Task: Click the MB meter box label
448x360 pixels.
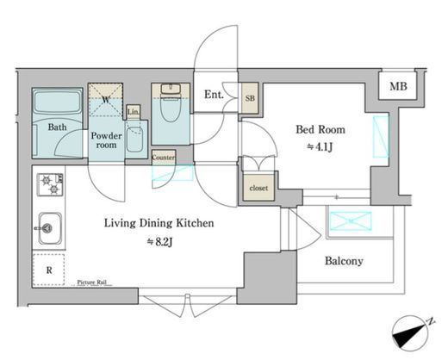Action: point(398,86)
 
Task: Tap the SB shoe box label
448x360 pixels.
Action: point(250,98)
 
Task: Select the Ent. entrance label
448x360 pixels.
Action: point(214,95)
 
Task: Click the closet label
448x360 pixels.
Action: point(258,188)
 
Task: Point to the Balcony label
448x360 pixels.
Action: point(344,261)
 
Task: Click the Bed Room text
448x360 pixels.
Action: point(320,129)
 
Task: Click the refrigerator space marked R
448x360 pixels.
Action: point(49,270)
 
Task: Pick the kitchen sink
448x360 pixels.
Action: point(50,228)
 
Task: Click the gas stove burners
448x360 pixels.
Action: point(50,184)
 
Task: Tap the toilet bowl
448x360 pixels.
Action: point(171,109)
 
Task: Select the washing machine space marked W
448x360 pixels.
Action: point(105,100)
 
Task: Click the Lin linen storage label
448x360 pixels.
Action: point(133,111)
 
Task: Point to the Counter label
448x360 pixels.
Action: point(164,158)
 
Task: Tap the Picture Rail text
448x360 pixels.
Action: point(91,282)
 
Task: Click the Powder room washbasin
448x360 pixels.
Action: point(134,140)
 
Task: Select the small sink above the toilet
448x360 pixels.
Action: point(171,89)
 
